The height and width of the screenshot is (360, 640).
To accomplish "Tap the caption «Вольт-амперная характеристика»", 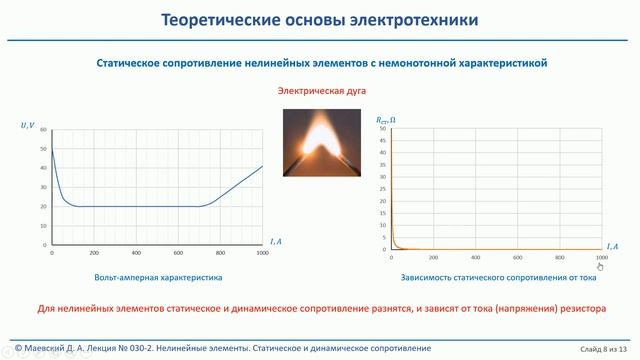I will coord(158,276).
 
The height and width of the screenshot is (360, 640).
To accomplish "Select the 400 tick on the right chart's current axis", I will coord(474,258).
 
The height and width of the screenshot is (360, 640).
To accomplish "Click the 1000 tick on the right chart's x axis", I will coord(601,258).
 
